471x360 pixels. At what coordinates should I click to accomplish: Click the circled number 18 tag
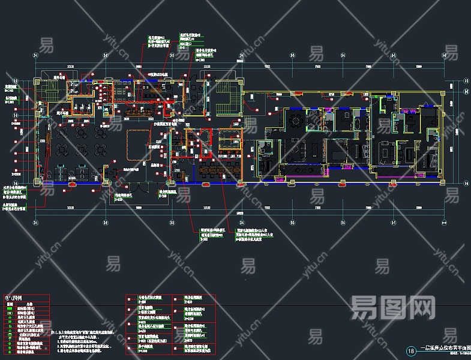click(x=411, y=351)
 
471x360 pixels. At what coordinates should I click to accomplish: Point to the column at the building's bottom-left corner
click(x=37, y=182)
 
